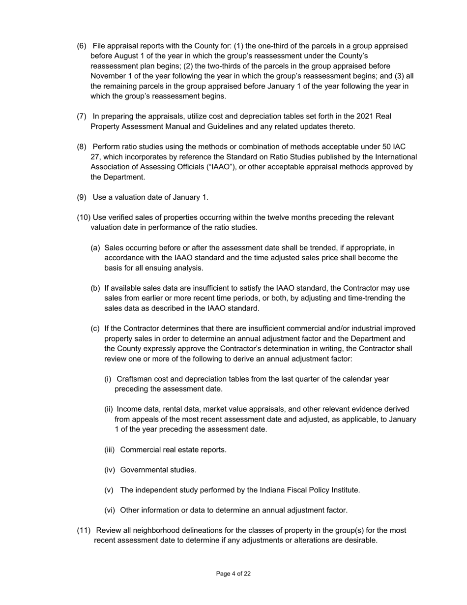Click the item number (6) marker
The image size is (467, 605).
[x=82, y=46]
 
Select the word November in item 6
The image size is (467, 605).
[x=109, y=76]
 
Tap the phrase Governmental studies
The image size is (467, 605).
[x=158, y=470]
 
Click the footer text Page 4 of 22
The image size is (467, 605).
[x=233, y=574]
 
